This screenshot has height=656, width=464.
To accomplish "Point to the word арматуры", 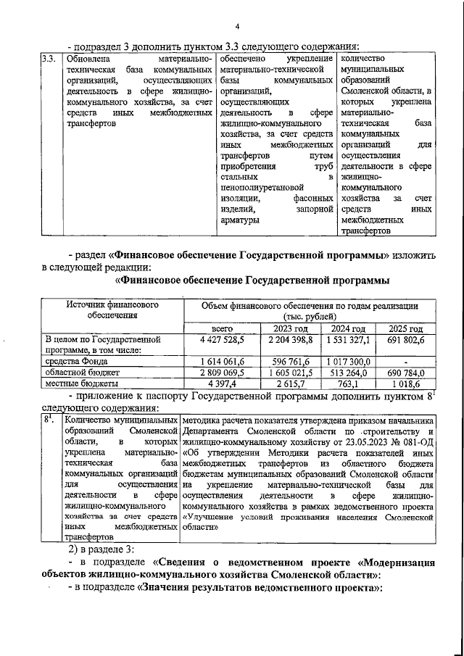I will pyautogui.click(x=240, y=220).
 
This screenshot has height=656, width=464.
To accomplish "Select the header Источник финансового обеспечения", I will pyautogui.click(x=112, y=310).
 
